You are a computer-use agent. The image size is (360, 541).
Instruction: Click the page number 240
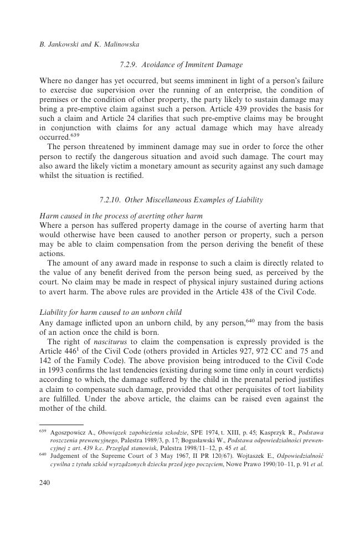click(45, 483)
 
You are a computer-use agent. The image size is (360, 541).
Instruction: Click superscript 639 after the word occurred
click(75, 135)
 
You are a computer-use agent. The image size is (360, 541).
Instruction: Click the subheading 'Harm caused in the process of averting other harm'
click(121, 216)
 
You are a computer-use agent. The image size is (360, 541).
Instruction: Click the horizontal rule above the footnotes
click(53, 424)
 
